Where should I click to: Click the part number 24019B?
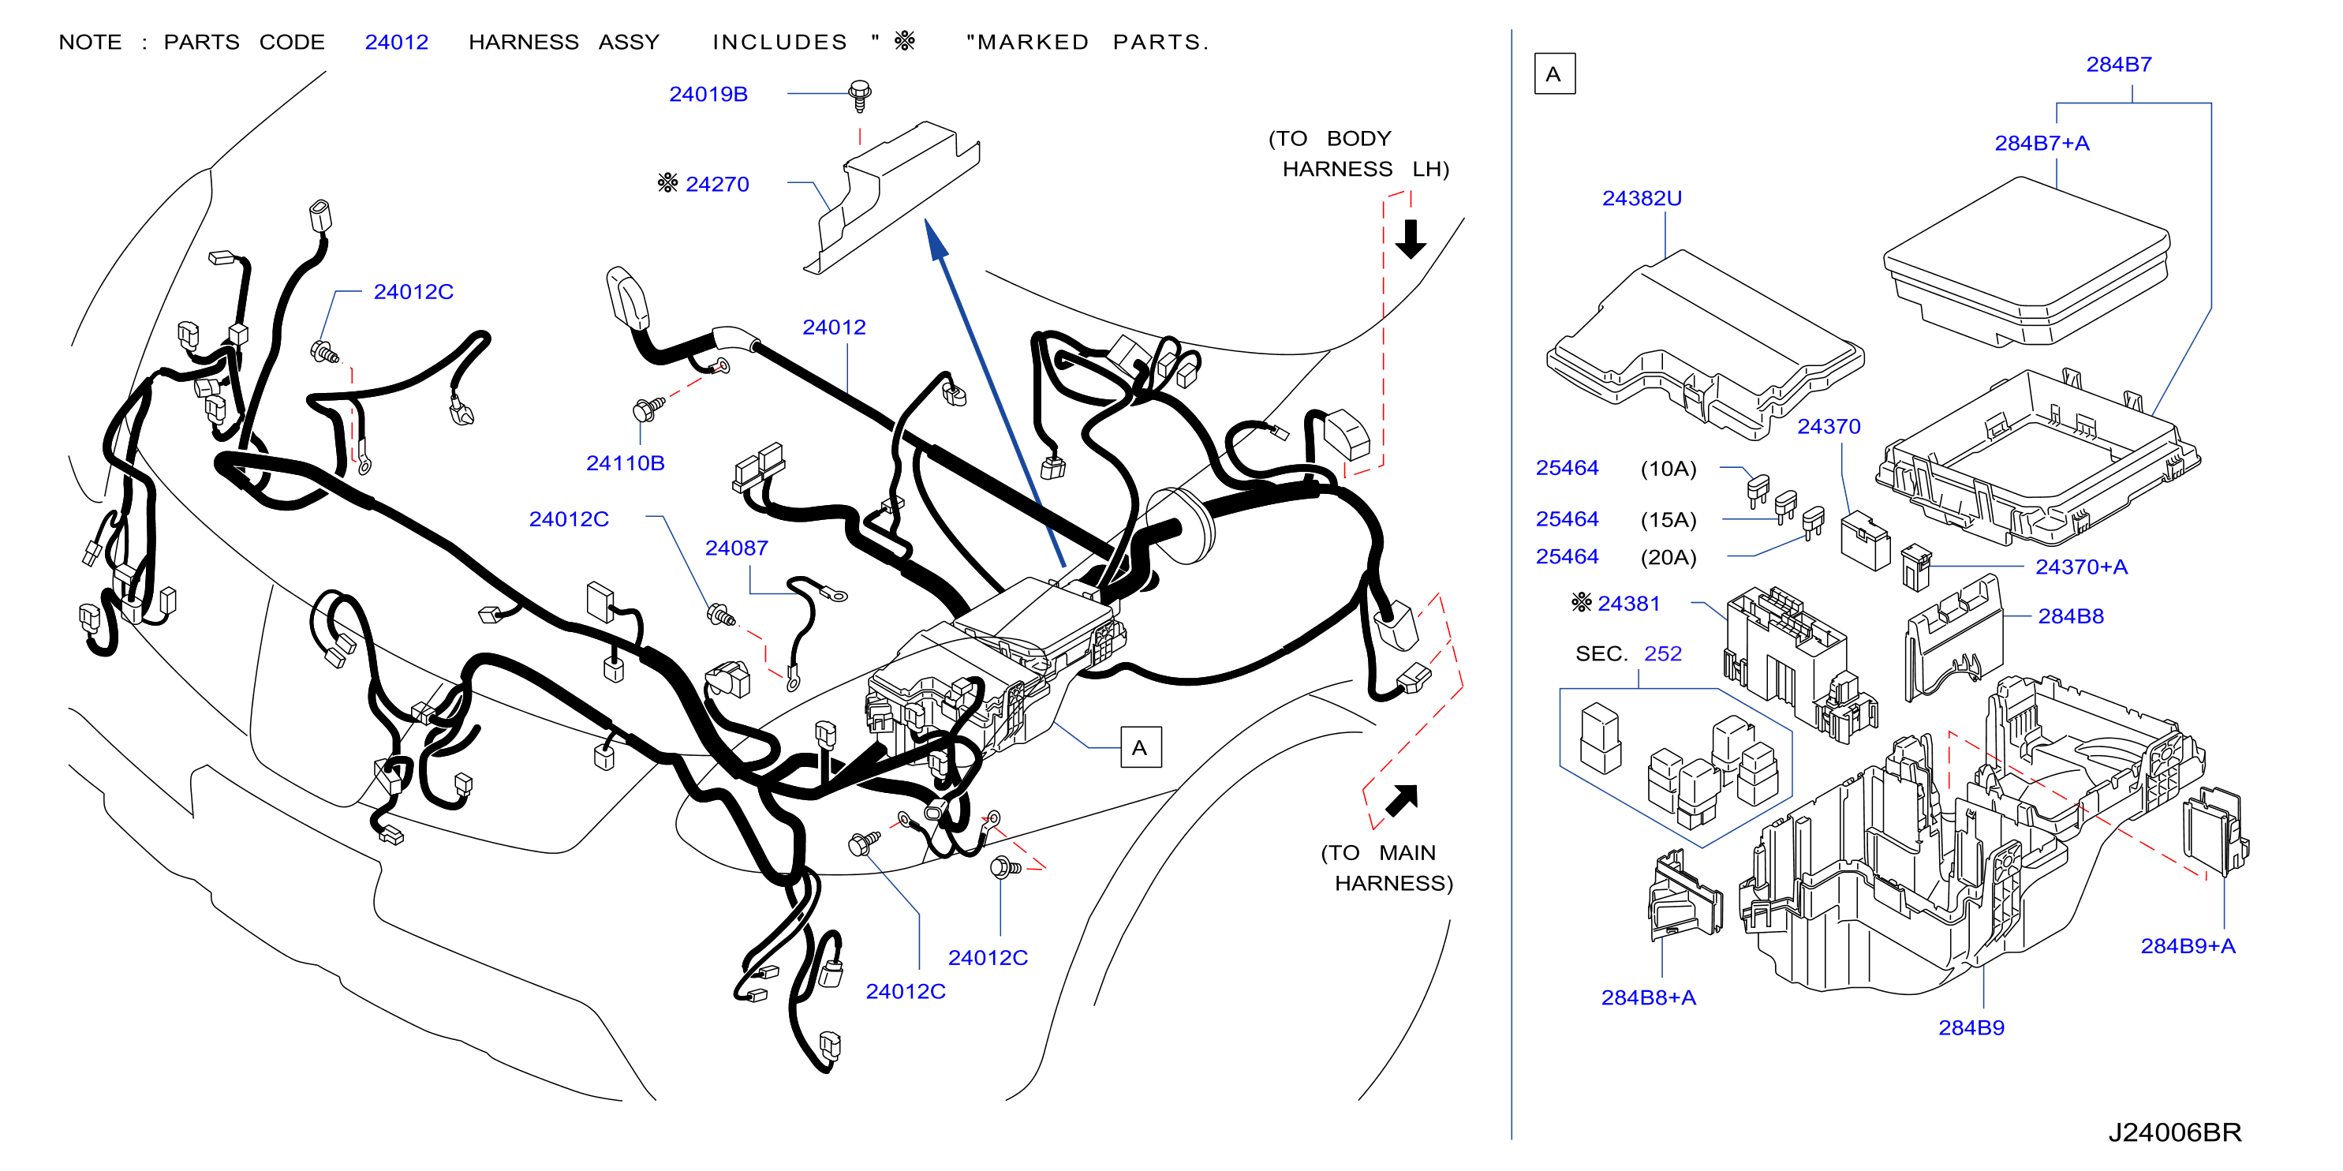(x=708, y=94)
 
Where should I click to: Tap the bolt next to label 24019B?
(x=860, y=95)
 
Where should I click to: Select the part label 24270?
(x=717, y=184)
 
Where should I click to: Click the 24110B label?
(x=625, y=463)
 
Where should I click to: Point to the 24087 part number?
(x=736, y=548)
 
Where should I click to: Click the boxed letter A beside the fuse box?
(x=1141, y=747)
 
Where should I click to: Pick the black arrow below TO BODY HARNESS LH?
(x=1411, y=238)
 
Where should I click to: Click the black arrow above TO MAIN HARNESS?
(x=1402, y=800)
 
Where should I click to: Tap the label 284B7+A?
(x=2042, y=143)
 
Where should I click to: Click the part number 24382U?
(x=1642, y=197)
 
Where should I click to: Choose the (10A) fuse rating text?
(x=1668, y=469)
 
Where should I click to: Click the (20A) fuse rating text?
(x=1668, y=557)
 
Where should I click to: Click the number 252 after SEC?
(x=1663, y=653)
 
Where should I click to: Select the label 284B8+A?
(x=1648, y=997)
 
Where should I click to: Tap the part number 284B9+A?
(x=2188, y=945)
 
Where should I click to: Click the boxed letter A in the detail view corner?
(x=1554, y=73)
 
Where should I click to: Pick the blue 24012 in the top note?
(x=397, y=42)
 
